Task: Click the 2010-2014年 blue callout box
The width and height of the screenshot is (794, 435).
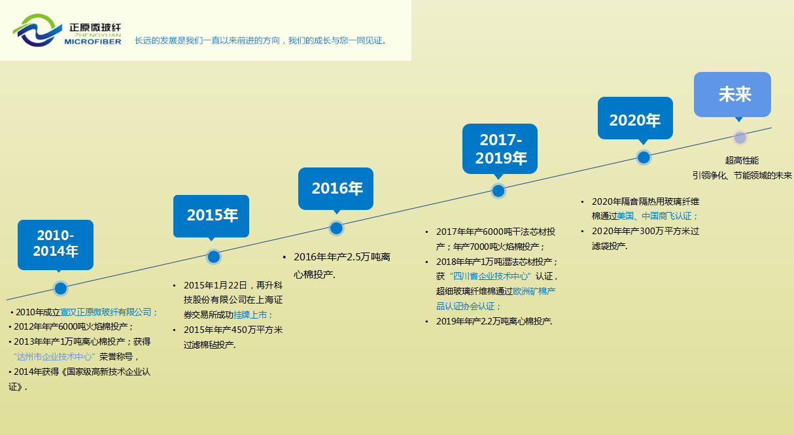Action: click(x=56, y=245)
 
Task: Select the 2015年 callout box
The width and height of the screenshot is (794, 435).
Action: click(x=211, y=217)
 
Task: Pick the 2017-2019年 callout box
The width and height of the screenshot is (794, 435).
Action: click(x=500, y=149)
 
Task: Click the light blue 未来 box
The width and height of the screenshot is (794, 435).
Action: click(x=733, y=95)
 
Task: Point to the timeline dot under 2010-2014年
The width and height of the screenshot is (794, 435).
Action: click(x=61, y=288)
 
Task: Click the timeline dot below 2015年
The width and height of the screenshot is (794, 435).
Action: click(x=214, y=256)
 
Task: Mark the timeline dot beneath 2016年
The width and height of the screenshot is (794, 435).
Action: click(x=336, y=228)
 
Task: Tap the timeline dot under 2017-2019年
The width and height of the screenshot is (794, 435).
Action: click(x=498, y=191)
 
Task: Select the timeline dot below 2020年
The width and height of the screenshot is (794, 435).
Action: click(x=644, y=158)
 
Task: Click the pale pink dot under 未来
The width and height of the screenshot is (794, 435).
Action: click(x=740, y=138)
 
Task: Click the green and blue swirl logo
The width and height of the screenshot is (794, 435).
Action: click(x=37, y=30)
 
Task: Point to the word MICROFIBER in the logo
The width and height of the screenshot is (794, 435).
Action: click(x=93, y=42)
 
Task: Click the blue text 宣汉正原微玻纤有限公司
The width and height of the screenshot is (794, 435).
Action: click(x=106, y=312)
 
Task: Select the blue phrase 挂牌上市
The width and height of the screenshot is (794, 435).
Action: click(x=250, y=315)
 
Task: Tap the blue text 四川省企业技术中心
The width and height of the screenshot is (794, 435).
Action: click(x=491, y=276)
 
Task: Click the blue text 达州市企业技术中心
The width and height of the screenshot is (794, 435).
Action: click(x=54, y=357)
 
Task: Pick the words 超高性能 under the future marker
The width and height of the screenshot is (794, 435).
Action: click(x=742, y=161)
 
